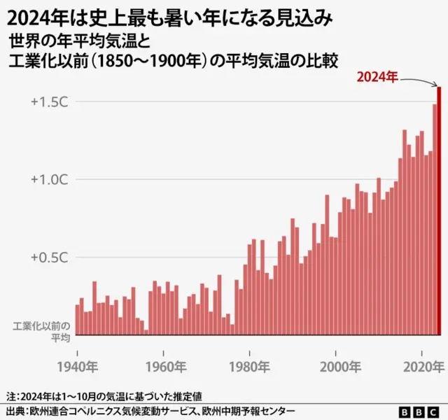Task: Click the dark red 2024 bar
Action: pos(439,210)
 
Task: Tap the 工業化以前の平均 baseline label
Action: pos(42,332)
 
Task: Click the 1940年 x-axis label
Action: pos(77,366)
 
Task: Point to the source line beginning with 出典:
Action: pos(150,411)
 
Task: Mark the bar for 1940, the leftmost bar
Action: pos(78,320)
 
